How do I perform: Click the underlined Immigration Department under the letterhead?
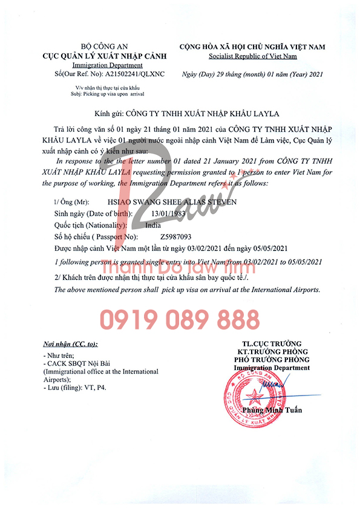(107, 65)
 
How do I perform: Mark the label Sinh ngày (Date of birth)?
(94, 213)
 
